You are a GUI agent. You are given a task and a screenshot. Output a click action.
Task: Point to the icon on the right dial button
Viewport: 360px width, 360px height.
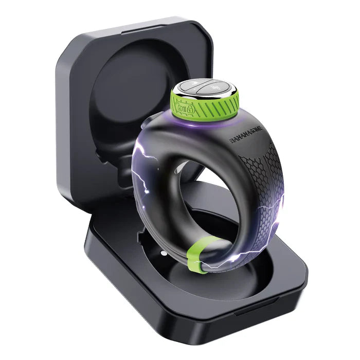215,89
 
